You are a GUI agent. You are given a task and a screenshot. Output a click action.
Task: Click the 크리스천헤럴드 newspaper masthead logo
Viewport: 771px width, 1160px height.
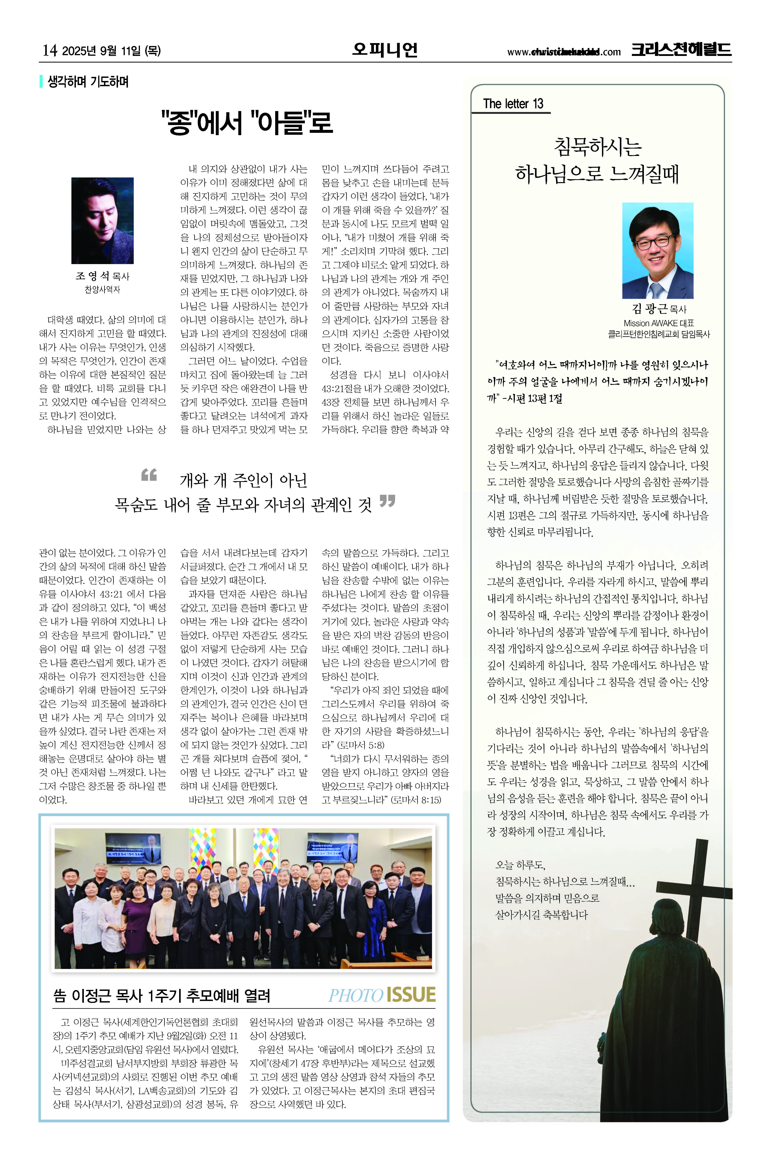[681, 50]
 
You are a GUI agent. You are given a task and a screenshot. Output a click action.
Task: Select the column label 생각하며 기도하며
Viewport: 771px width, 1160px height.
[88, 82]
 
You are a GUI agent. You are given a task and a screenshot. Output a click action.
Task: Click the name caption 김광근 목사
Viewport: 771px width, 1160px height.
[658, 309]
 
